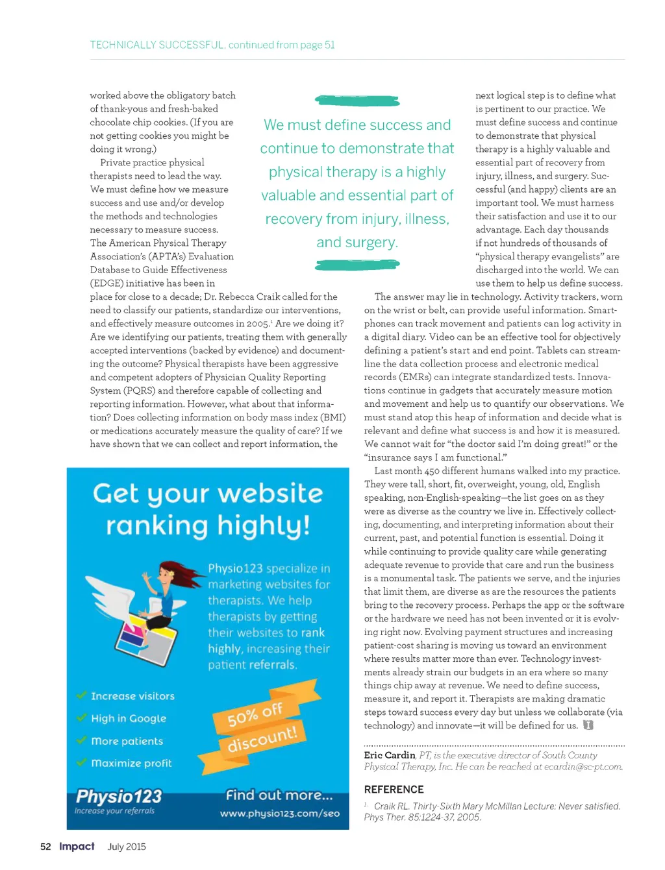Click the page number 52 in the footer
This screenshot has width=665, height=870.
click(45, 847)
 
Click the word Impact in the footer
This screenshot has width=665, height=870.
click(77, 847)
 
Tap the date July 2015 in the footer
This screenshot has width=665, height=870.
click(127, 847)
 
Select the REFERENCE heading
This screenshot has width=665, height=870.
click(394, 790)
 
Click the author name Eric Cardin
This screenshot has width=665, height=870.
click(389, 755)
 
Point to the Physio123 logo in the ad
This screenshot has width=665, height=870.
click(119, 797)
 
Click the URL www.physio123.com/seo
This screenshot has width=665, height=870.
click(279, 814)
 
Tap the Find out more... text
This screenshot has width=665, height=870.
click(279, 795)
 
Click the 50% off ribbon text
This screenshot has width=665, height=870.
click(255, 714)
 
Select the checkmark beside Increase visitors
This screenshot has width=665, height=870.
click(82, 695)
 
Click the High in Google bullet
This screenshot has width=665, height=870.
click(129, 718)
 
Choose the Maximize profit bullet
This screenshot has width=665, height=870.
click(131, 763)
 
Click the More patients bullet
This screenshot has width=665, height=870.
click(127, 741)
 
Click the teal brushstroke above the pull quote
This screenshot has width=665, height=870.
click(357, 101)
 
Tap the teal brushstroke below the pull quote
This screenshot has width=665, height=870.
click(357, 265)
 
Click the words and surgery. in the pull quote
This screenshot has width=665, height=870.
click(357, 243)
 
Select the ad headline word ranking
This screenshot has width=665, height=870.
click(158, 526)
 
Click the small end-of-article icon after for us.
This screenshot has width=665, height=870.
click(588, 725)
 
